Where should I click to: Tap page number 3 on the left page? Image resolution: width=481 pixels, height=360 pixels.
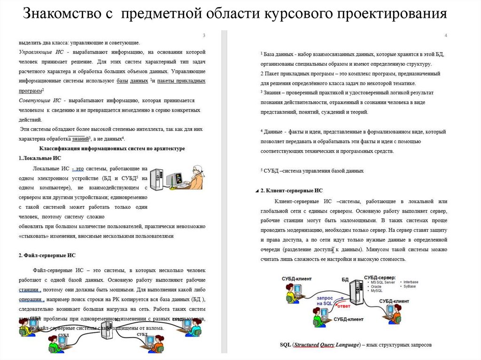(204, 36)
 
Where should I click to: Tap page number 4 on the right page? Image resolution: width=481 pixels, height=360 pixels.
(445, 36)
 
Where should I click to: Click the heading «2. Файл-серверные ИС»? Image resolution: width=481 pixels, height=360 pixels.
(47, 255)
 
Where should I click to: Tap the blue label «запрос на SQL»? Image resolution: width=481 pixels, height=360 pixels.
(326, 301)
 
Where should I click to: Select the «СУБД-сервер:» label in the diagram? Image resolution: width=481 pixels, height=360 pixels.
(380, 277)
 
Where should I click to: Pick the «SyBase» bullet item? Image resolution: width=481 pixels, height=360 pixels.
(411, 286)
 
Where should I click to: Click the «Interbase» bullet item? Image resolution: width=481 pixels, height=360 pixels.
(411, 282)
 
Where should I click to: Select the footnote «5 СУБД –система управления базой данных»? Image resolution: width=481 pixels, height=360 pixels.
(312, 171)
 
